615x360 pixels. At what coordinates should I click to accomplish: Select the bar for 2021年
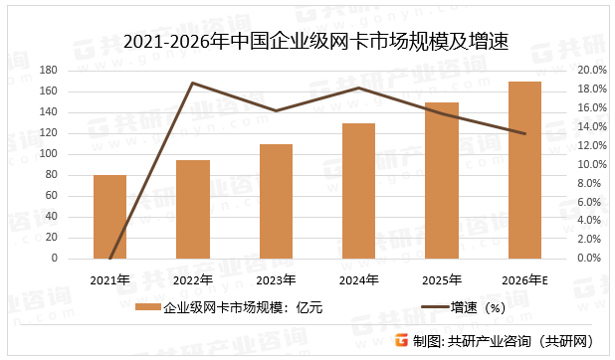109,217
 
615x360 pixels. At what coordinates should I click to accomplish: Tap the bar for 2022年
193,209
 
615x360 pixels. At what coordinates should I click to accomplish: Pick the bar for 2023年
276,201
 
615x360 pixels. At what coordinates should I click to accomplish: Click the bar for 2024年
358,191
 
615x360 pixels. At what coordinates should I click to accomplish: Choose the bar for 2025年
441,180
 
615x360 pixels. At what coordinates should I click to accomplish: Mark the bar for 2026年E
524,170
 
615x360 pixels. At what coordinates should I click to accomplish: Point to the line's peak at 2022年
193,83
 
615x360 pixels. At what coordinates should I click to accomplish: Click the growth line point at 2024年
358,88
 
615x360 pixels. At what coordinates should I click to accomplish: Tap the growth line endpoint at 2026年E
524,133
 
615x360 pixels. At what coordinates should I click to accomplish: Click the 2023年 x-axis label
276,279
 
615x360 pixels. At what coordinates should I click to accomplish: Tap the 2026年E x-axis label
524,279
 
